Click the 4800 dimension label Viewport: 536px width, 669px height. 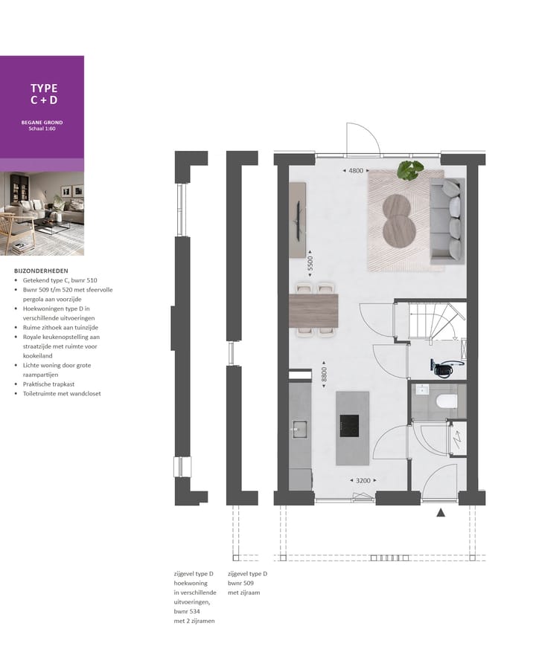point(356,171)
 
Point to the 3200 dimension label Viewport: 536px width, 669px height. point(363,481)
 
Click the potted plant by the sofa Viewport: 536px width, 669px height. point(409,170)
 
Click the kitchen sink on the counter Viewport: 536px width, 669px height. point(299,427)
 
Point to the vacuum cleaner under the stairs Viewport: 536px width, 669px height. point(447,366)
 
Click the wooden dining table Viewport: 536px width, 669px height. point(313,310)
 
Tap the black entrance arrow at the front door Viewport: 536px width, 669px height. point(441,511)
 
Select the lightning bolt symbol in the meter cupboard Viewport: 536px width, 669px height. point(459,439)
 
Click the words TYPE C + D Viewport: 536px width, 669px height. point(43,94)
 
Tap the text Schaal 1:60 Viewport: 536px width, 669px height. point(42,129)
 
